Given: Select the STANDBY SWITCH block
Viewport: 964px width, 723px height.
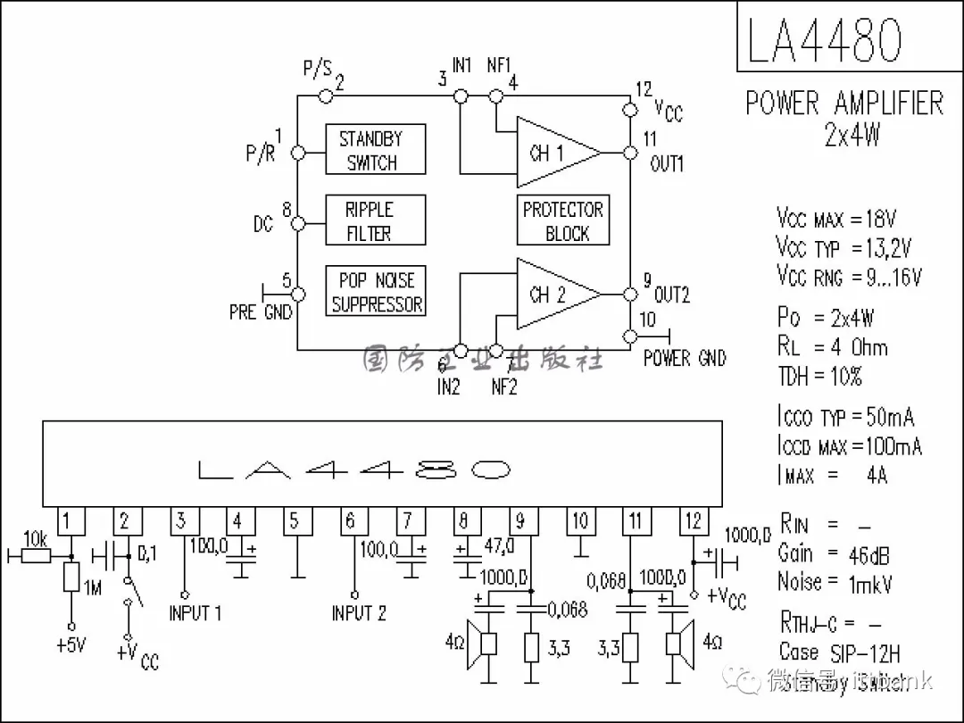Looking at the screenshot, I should coord(374,150).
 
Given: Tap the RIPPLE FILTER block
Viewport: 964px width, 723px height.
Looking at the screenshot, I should coord(374,220).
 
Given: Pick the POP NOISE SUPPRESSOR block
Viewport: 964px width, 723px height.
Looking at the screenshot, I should coord(376,292).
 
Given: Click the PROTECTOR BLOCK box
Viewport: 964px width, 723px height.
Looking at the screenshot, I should coord(563,220).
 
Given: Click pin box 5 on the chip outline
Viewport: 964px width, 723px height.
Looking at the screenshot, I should coord(295,521).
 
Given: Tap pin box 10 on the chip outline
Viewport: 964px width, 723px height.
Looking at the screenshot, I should coord(580,521).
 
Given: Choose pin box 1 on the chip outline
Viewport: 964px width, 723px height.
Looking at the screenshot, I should coord(71,521).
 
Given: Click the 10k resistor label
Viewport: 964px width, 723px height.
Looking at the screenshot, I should coord(36,538).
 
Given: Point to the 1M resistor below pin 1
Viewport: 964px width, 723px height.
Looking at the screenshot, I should coord(71,578).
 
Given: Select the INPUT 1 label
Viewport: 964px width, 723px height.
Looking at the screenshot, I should coord(195,613).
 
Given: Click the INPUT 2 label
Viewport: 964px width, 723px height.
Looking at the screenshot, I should coord(359,613).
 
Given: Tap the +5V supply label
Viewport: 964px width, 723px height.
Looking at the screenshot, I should coord(71,645).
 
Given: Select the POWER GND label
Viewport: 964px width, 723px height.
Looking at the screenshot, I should coord(685,359).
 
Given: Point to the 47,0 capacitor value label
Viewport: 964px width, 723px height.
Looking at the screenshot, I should coord(498,545).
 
